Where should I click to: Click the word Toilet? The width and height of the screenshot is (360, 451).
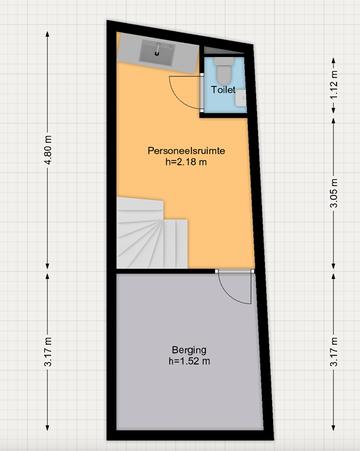(x=223, y=90)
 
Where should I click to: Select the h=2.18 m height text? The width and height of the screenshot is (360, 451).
(x=186, y=162)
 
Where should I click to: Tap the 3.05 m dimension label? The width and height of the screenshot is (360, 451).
(x=334, y=193)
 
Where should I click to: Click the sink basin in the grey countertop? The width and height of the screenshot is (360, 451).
(x=156, y=54)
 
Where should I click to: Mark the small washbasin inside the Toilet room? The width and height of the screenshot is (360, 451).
(x=241, y=100)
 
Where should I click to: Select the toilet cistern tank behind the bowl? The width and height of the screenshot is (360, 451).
(x=223, y=61)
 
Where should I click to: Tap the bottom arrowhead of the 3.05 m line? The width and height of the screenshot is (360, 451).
(x=334, y=270)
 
